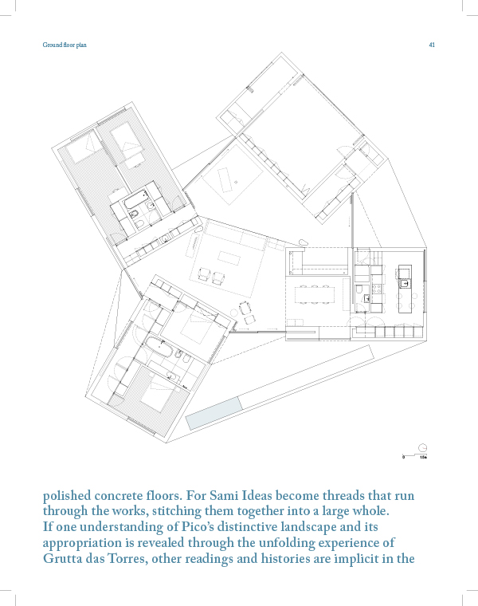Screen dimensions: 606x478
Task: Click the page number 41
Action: pyautogui.click(x=431, y=45)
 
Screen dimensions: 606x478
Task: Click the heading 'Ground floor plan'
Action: pyautogui.click(x=65, y=45)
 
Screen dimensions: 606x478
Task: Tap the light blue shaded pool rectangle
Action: pyautogui.click(x=213, y=412)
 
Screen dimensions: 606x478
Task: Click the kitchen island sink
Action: pyautogui.click(x=404, y=281)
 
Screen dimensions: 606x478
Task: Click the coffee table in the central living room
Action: pyautogui.click(x=229, y=258)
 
